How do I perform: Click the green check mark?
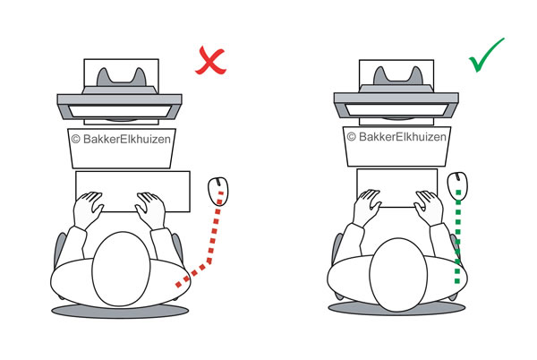(485, 55)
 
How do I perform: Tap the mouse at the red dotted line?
(217, 190)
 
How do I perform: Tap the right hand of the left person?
(150, 208)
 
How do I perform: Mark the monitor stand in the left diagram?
(120, 75)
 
